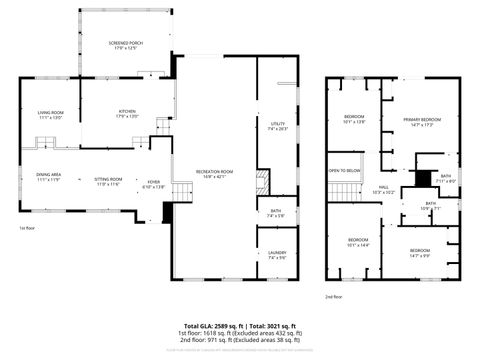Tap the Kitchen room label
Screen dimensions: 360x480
point(127,114)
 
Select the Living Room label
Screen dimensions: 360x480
point(50,114)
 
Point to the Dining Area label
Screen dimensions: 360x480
point(49,177)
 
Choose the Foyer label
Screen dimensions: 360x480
point(152,185)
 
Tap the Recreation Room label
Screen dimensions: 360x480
point(207,175)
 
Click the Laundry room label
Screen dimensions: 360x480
point(277,256)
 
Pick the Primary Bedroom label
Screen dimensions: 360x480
point(422,122)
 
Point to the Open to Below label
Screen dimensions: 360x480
point(344,172)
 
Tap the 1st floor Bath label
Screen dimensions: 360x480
point(276,212)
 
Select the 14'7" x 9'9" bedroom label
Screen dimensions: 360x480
point(419,252)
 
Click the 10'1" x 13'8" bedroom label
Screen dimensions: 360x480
point(355,120)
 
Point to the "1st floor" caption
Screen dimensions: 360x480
point(27,229)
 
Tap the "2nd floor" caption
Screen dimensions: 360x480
point(333,297)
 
